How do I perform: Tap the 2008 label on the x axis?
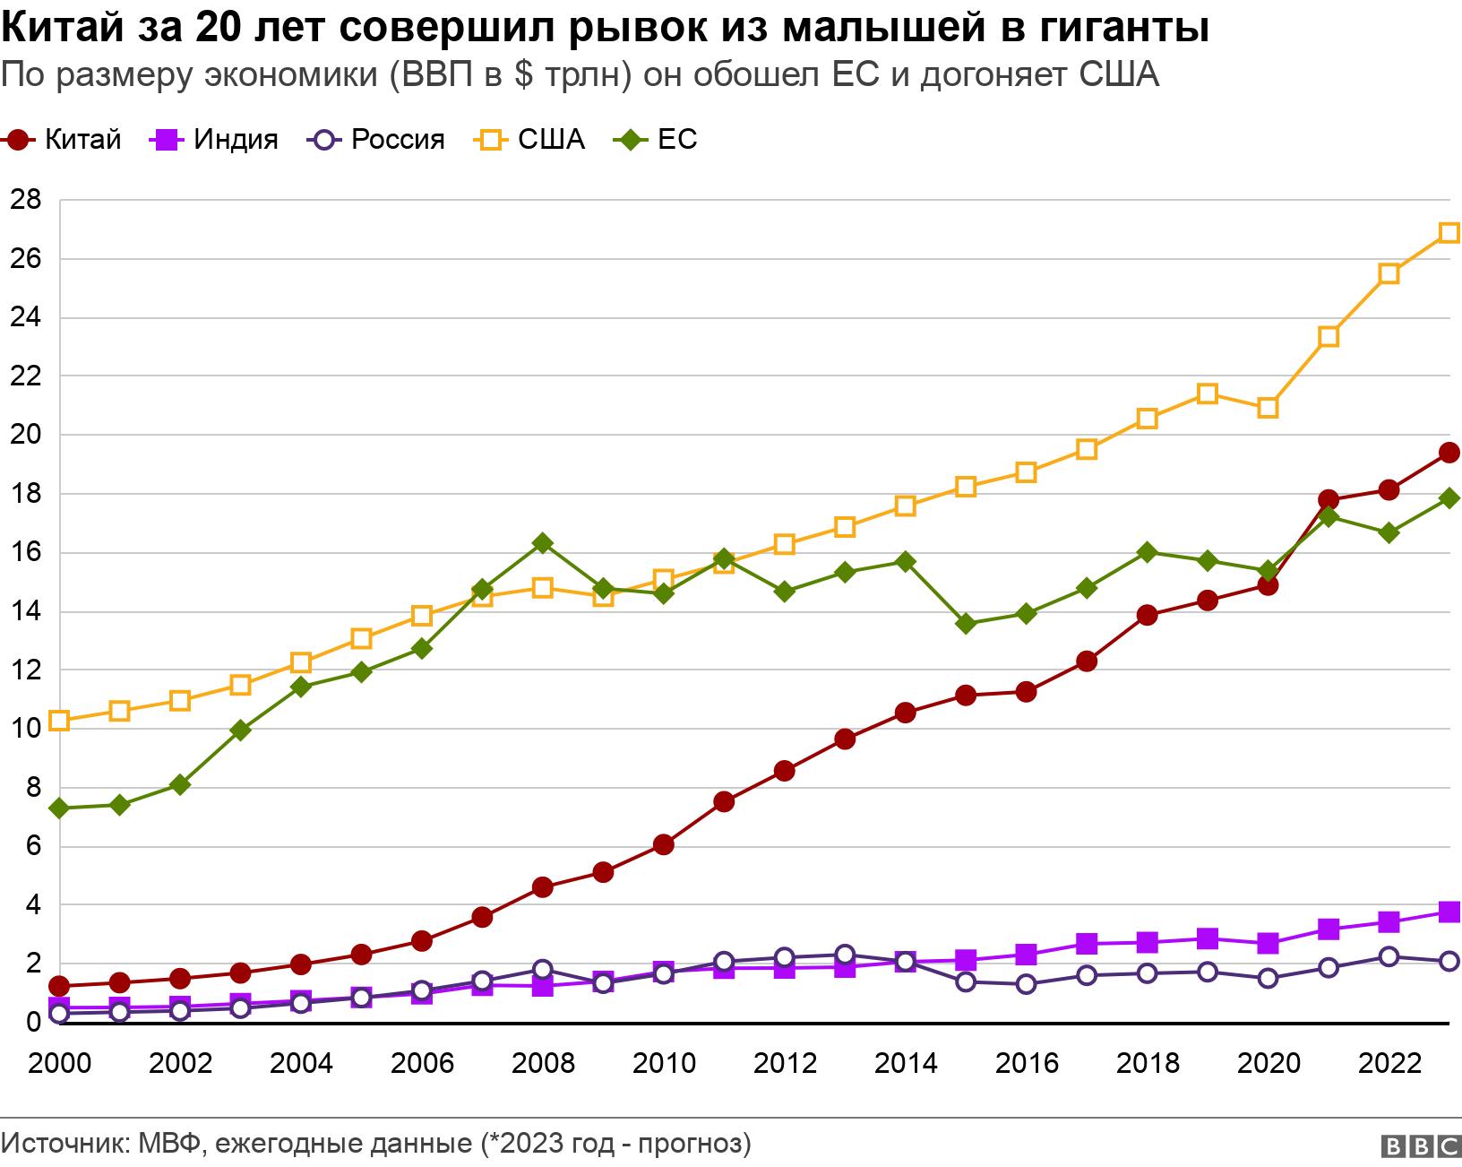[543, 1064]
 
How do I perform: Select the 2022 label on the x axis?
[1389, 1064]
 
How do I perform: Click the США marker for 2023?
[1449, 233]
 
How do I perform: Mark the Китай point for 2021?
[1329, 500]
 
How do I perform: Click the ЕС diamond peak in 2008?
[542, 543]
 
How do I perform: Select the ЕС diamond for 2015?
[966, 624]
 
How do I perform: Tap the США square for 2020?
[1268, 408]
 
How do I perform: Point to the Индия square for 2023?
[1449, 912]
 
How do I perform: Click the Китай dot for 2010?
[663, 844]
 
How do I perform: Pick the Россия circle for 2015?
[966, 981]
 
